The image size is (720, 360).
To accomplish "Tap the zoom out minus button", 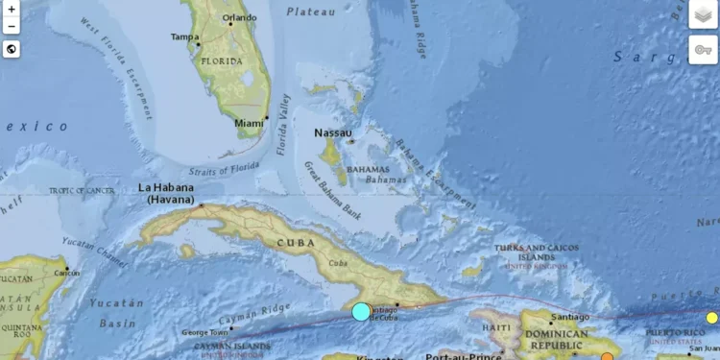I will click(x=11, y=27).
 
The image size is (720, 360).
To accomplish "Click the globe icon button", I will click(x=11, y=49).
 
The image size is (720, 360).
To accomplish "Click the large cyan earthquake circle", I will click(x=361, y=311).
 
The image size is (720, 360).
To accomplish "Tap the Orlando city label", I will click(x=239, y=17).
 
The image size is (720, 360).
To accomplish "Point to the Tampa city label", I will click(x=184, y=37).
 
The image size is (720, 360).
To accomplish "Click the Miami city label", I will click(x=250, y=123).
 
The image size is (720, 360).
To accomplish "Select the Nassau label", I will click(x=333, y=132).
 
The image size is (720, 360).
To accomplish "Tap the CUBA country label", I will click(x=296, y=243).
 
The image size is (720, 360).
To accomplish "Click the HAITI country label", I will click(x=496, y=328).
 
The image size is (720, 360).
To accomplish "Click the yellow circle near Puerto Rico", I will click(x=712, y=318).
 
